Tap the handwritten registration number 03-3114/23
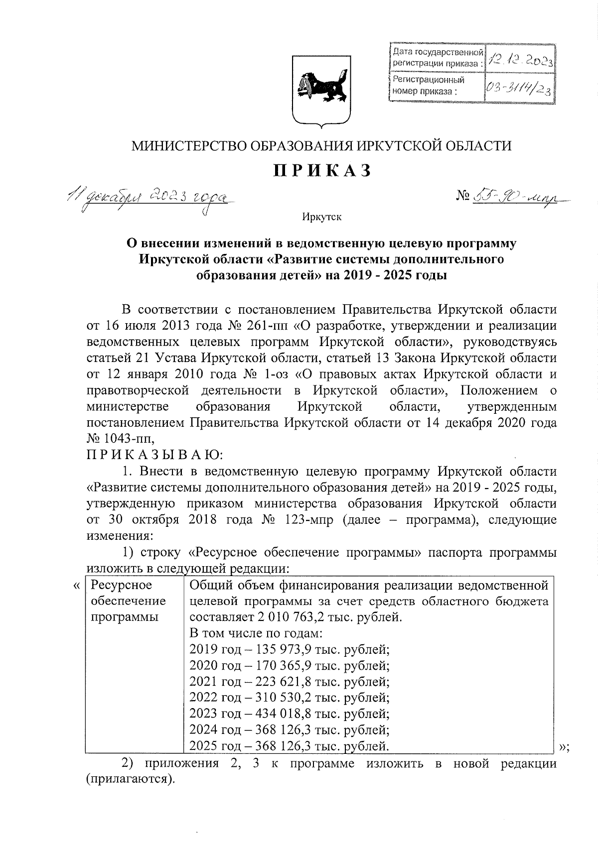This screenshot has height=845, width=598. [520, 89]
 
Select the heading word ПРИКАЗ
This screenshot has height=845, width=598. [322, 170]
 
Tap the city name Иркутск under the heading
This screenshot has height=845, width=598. [321, 217]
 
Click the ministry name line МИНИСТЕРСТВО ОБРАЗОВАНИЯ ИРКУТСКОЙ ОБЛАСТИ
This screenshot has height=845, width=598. [321, 145]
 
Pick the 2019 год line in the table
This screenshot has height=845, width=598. [289, 649]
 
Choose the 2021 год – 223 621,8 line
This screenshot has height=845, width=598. [289, 681]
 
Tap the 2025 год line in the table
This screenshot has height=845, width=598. [289, 746]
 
